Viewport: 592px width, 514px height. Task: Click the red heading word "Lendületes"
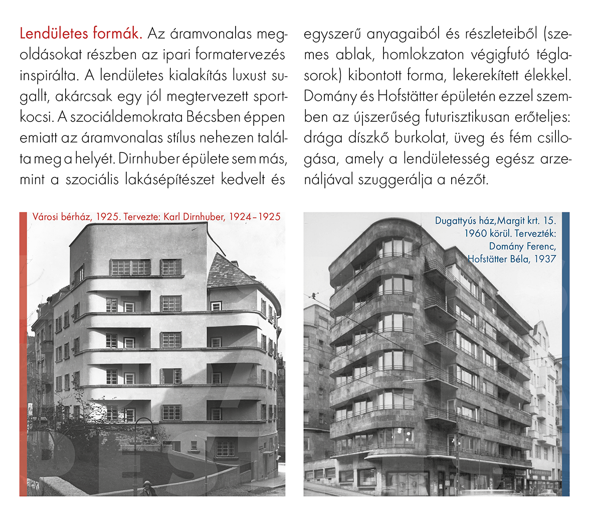coord(54,34)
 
